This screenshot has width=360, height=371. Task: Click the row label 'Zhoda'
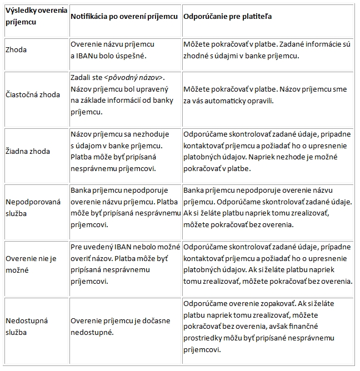pos(16,50)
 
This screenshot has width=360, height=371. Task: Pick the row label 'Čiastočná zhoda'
pos(32,95)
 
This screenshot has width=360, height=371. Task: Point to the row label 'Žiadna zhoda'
pos(27,151)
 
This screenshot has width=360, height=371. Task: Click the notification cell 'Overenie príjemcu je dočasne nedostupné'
pos(121,327)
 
